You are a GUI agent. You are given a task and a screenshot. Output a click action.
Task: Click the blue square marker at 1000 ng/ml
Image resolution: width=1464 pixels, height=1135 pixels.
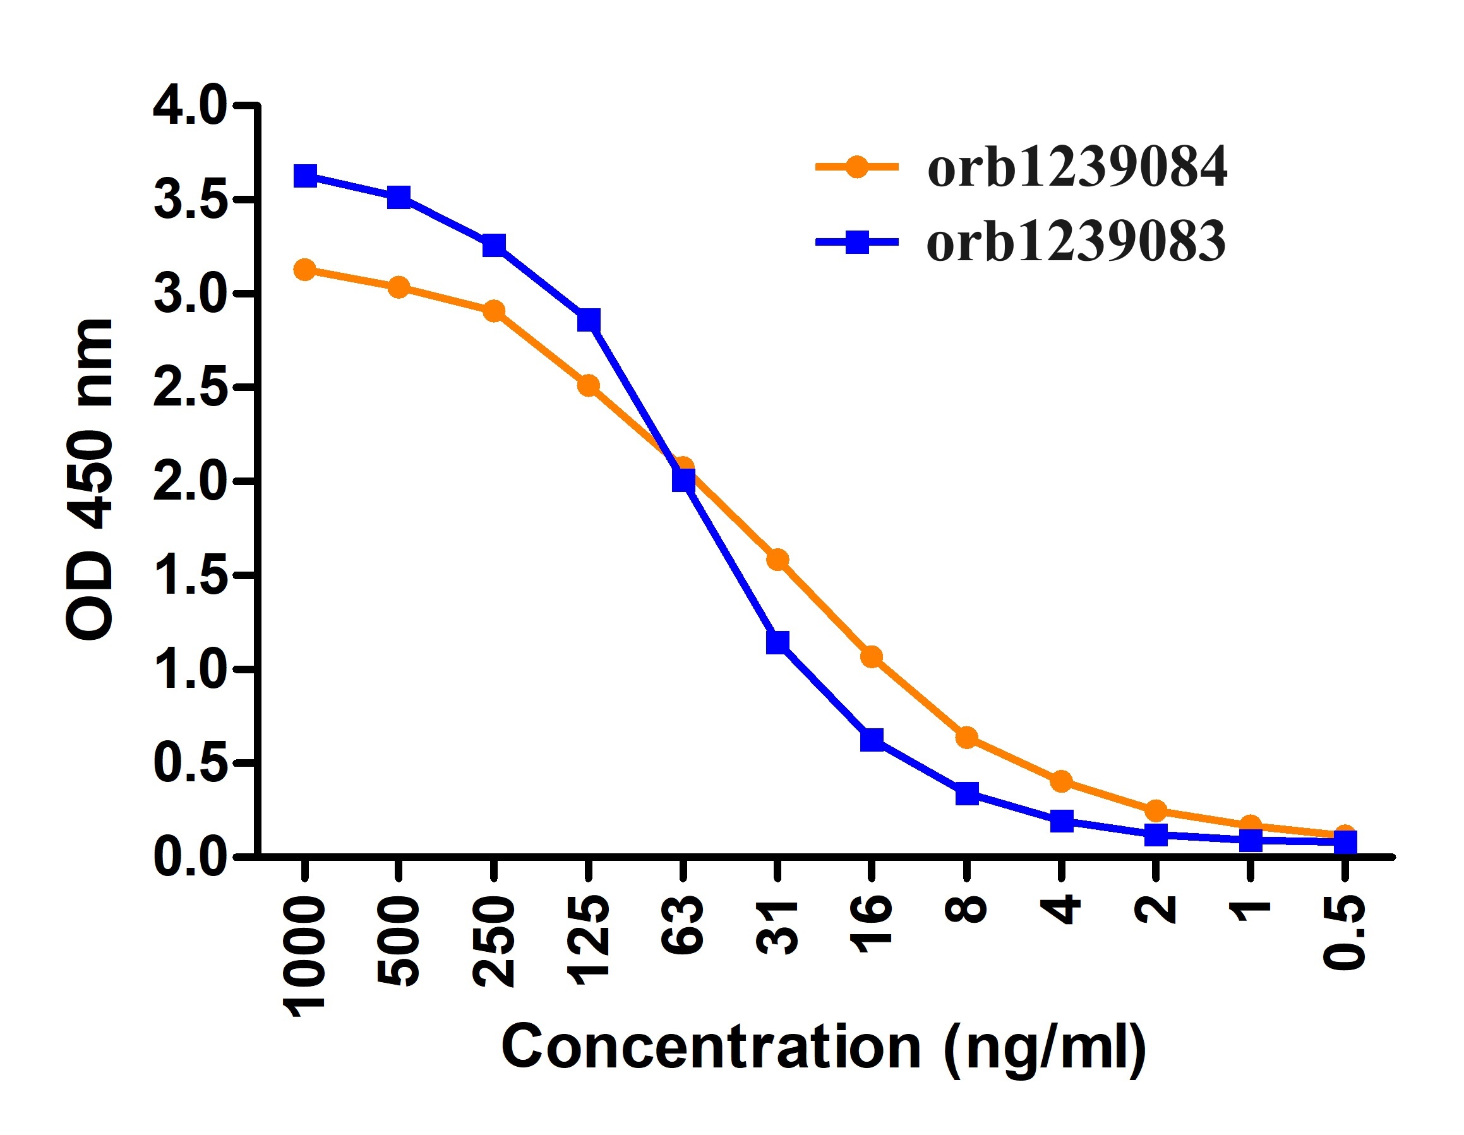305,176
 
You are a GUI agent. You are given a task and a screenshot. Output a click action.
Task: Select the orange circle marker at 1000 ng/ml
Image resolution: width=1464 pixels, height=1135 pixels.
305,270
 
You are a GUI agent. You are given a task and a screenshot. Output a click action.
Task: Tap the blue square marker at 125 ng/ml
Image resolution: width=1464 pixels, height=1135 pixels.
589,320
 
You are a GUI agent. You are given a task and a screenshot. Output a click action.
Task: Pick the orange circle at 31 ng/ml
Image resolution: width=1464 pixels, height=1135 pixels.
777,559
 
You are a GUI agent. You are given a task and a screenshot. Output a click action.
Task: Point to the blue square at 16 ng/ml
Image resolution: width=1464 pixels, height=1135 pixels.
872,740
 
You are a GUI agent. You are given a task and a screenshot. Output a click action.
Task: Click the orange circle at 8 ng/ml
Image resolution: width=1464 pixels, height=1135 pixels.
966,738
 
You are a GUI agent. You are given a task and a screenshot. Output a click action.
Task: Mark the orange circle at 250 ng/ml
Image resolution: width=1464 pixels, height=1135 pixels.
494,311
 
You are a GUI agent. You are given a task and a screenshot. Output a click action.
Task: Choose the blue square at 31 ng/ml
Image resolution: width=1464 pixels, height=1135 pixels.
777,642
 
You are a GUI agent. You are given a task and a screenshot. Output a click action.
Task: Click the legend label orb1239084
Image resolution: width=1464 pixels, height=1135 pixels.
1077,167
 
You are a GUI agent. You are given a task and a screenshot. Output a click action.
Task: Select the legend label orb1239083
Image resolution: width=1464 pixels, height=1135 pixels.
1076,242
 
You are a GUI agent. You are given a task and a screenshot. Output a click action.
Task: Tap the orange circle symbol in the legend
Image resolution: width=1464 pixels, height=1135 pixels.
856,166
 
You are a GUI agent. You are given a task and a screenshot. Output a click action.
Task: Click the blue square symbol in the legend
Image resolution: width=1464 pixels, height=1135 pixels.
857,241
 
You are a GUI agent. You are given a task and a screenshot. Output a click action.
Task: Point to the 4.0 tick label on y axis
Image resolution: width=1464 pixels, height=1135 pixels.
189,106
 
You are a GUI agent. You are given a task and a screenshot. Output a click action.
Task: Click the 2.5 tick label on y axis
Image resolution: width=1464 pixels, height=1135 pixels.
189,388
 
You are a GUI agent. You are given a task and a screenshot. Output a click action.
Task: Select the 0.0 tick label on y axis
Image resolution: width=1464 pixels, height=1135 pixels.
189,858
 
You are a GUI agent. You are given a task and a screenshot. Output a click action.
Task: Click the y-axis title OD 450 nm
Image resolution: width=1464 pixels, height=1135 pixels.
90,479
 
